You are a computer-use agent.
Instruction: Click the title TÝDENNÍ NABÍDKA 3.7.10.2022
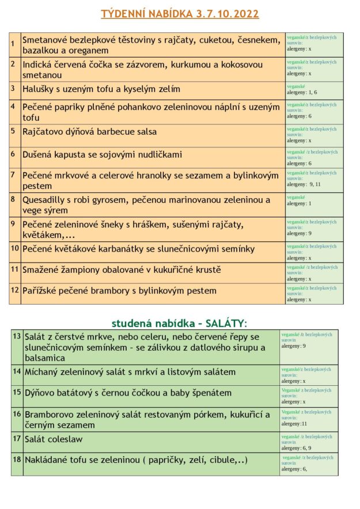(180, 13)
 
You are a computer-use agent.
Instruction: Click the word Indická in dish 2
(39, 64)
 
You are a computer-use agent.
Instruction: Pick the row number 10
(15, 248)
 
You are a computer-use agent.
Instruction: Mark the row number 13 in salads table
(17, 336)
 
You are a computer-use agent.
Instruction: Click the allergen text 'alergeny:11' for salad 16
(294, 423)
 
